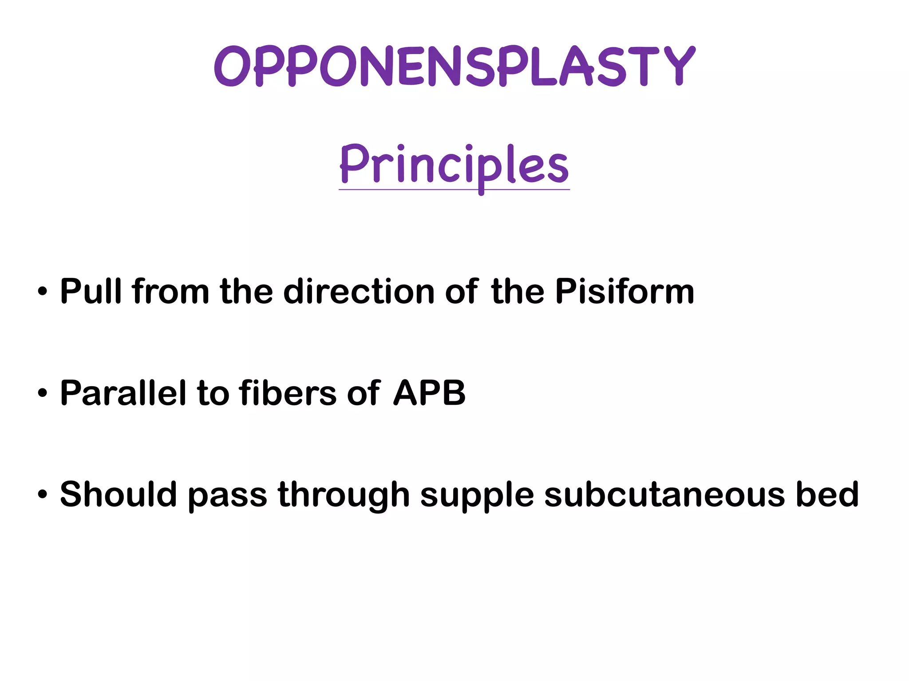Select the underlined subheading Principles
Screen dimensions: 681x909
pyautogui.click(x=454, y=165)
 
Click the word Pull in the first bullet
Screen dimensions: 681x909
pyautogui.click(x=91, y=291)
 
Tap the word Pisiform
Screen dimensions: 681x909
pyautogui.click(x=624, y=291)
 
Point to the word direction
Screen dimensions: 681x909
pyautogui.click(x=359, y=291)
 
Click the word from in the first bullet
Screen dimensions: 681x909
pyautogui.click(x=170, y=291)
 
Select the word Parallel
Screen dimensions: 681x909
pyautogui.click(x=123, y=393)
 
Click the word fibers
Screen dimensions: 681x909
pyautogui.click(x=288, y=393)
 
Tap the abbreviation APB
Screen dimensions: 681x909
pyautogui.click(x=429, y=393)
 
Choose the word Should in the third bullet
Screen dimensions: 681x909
pyautogui.click(x=118, y=494)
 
